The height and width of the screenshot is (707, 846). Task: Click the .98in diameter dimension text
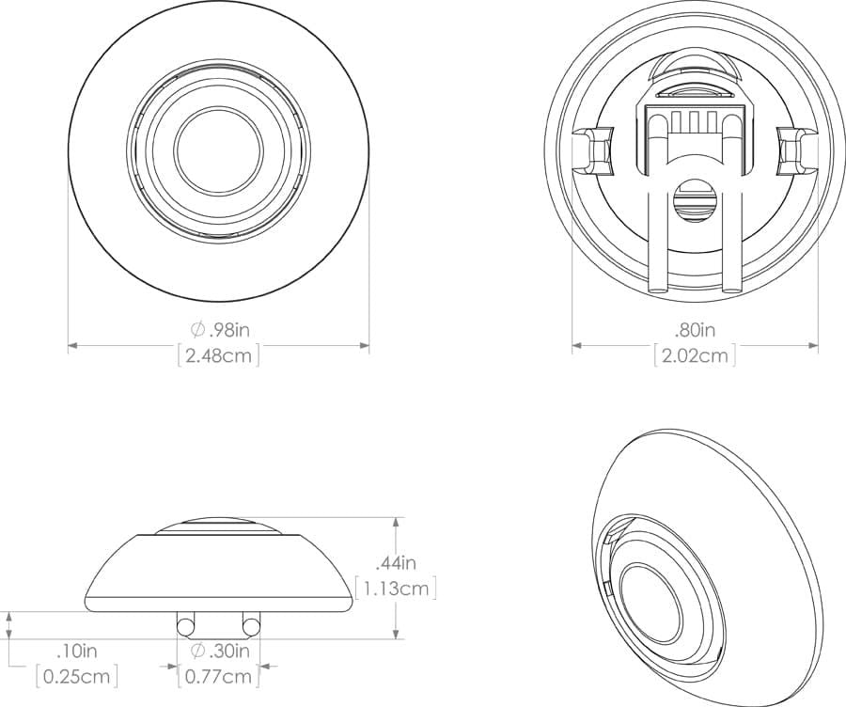click(x=220, y=329)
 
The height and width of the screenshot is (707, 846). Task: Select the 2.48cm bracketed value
click(x=218, y=355)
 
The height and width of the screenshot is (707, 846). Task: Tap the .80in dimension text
click(x=695, y=329)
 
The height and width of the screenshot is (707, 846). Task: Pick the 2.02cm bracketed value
click(x=695, y=355)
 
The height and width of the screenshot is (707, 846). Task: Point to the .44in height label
click(x=396, y=563)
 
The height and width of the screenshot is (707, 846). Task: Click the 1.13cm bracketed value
click(x=396, y=589)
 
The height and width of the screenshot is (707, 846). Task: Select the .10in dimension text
click(x=77, y=651)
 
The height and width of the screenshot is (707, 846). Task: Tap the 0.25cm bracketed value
click(x=77, y=676)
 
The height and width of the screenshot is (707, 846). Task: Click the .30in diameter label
click(x=220, y=651)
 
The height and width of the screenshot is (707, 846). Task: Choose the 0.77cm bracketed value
click(x=218, y=676)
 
